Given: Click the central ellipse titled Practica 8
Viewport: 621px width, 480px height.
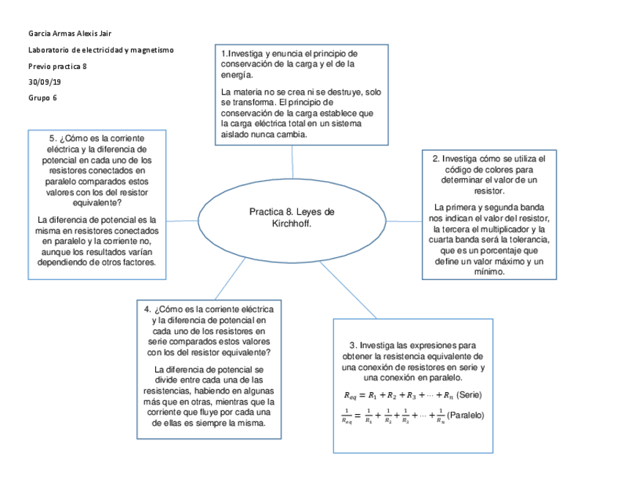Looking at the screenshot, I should pyautogui.click(x=291, y=218).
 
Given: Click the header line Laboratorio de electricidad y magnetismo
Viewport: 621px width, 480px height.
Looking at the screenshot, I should pyautogui.click(x=100, y=50).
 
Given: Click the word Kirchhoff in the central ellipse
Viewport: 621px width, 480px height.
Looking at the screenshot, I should pyautogui.click(x=291, y=223).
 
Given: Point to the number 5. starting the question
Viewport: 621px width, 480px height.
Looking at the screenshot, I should pyautogui.click(x=53, y=139).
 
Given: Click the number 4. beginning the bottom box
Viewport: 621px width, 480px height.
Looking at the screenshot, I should pyautogui.click(x=149, y=309).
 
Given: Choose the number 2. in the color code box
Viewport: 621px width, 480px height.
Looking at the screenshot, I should pyautogui.click(x=436, y=158).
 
